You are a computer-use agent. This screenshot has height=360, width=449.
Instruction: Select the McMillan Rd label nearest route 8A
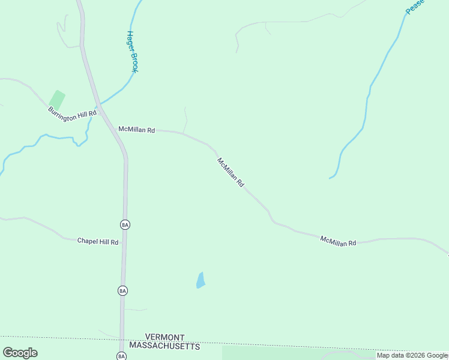[137, 130]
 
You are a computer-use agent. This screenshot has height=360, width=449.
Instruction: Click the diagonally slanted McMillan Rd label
[231, 173]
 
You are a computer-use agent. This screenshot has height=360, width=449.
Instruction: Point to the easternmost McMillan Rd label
[338, 241]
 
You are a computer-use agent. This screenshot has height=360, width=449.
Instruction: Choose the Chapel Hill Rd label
[98, 241]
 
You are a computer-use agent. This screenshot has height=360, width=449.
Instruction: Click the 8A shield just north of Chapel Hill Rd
[125, 224]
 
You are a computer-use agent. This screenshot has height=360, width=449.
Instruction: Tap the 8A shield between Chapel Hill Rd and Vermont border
[122, 290]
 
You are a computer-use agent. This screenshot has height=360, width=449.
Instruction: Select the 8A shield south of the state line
[121, 356]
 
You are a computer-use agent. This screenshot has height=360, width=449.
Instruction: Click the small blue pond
[200, 280]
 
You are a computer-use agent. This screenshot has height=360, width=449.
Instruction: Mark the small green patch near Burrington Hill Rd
[57, 99]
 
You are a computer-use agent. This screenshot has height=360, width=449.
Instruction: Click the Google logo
[20, 352]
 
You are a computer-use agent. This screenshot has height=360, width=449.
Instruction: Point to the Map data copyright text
[412, 355]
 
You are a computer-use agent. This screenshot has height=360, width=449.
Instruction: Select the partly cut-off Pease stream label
[414, 7]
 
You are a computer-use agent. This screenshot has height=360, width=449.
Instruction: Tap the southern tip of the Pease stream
[330, 178]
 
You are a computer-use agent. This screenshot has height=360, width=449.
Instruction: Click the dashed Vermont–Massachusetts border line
[300, 343]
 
